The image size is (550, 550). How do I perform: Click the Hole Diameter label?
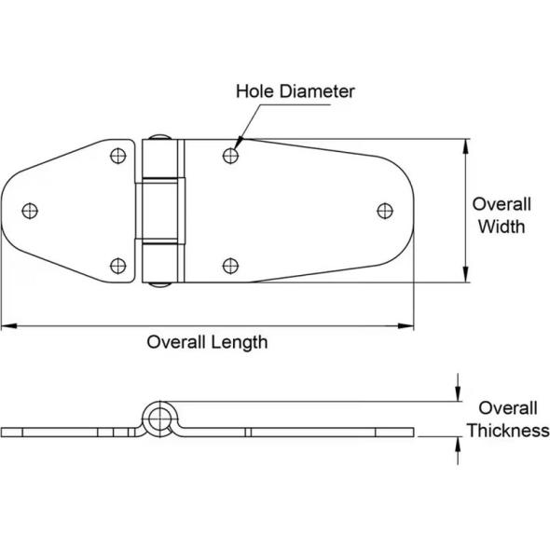295,91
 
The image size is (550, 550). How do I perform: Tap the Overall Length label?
207,342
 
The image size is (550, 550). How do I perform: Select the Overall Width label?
502,215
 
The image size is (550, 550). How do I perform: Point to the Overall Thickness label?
508,419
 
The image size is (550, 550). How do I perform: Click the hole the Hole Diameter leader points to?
230,156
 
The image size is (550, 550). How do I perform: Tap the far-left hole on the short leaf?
30,211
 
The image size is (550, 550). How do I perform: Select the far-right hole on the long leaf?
385,211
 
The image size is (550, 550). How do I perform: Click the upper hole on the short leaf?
117,156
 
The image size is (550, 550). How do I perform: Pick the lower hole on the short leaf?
117,266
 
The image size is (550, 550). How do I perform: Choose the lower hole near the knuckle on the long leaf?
230,266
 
